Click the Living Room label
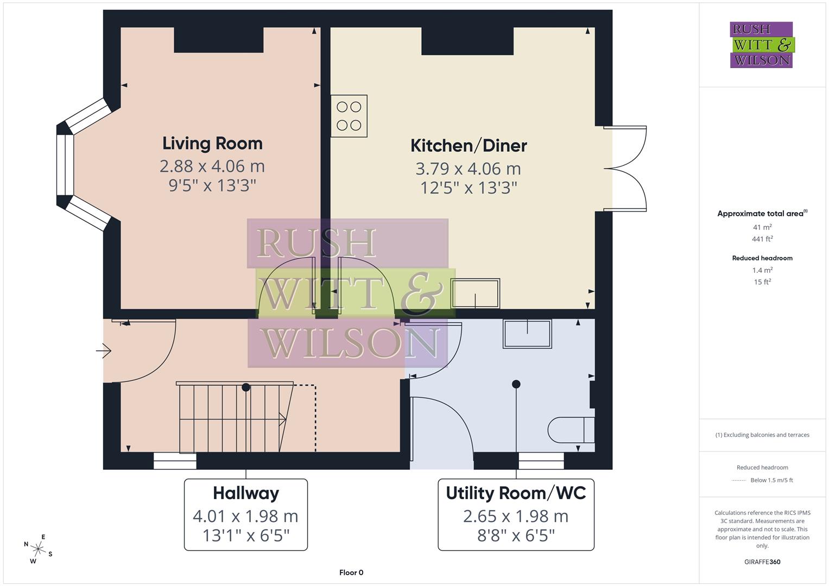pyautogui.click(x=212, y=143)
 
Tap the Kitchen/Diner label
pyautogui.click(x=469, y=145)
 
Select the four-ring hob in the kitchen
pyautogui.click(x=349, y=116)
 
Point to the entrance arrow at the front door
pyautogui.click(x=104, y=352)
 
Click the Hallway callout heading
pyautogui.click(x=246, y=493)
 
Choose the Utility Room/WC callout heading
pyautogui.click(x=516, y=493)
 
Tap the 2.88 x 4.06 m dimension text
pyautogui.click(x=212, y=166)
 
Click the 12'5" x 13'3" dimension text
pyautogui.click(x=469, y=188)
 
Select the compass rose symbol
pyautogui.click(x=38, y=549)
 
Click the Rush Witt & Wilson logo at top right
pyautogui.click(x=761, y=44)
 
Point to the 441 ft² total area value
pyautogui.click(x=762, y=239)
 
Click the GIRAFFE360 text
pyautogui.click(x=762, y=562)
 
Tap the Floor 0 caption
pyautogui.click(x=351, y=572)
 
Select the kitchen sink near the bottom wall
pyautogui.click(x=476, y=294)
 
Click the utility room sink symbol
pyautogui.click(x=527, y=334)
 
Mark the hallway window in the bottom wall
pyautogui.click(x=175, y=461)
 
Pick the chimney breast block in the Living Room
pyautogui.click(x=219, y=40)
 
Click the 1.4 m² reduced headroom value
pyautogui.click(x=762, y=270)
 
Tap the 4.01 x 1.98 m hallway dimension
pyautogui.click(x=245, y=516)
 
